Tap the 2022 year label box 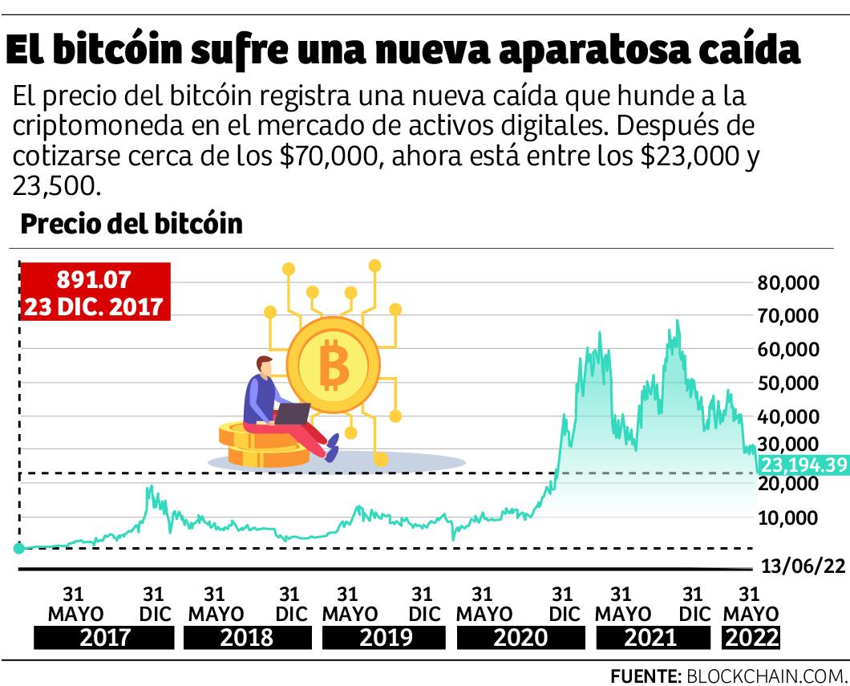point(751,639)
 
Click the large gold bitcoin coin point(332,367)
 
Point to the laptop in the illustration point(292,413)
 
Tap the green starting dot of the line point(18,548)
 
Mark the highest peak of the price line point(678,321)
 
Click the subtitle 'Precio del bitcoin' point(132,224)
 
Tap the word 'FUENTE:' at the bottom point(646,673)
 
